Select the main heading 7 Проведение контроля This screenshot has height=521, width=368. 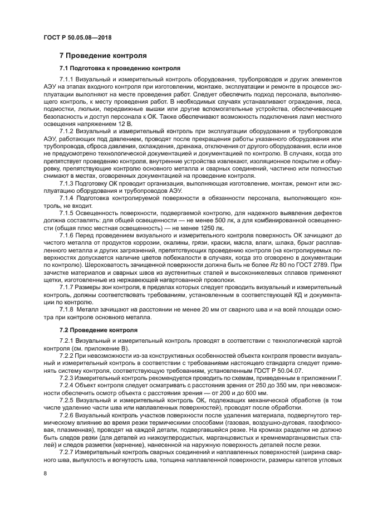click(103, 56)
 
